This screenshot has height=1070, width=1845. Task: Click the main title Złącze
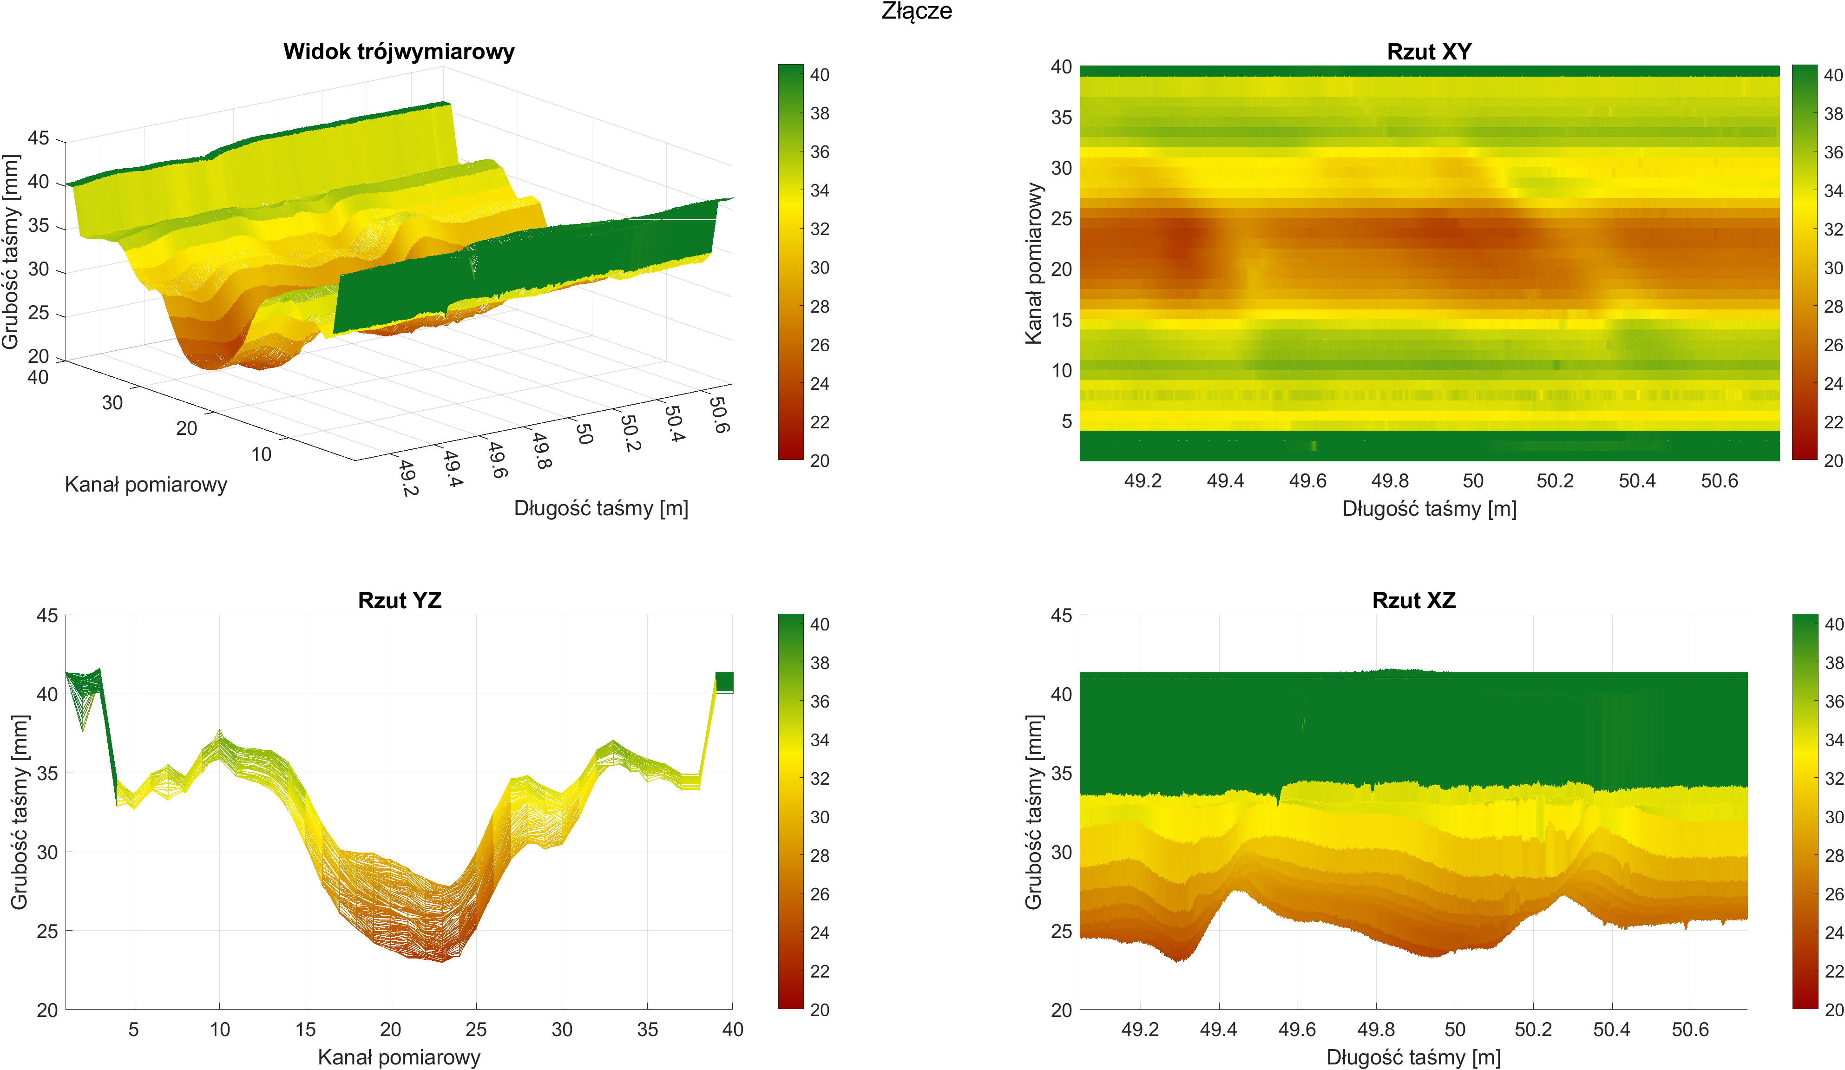point(917,11)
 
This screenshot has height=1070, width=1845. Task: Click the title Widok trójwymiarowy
point(399,51)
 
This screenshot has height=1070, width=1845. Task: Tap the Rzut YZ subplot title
point(400,601)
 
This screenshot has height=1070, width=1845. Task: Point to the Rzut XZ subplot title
point(1414,601)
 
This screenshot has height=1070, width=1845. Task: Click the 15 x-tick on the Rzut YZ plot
point(305,1030)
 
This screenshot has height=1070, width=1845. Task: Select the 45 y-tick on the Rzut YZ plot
point(47,616)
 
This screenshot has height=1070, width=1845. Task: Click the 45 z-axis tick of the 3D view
point(38,138)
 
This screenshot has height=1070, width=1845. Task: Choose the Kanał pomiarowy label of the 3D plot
point(146,485)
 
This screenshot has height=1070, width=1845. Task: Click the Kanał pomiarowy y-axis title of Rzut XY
point(1033,263)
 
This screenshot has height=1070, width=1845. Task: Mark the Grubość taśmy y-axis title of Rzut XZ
point(1033,812)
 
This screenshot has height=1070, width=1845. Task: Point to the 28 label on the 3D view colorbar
point(820,307)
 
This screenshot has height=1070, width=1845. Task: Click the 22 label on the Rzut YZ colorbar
point(820,972)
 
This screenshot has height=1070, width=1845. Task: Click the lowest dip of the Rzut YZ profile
point(441,960)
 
